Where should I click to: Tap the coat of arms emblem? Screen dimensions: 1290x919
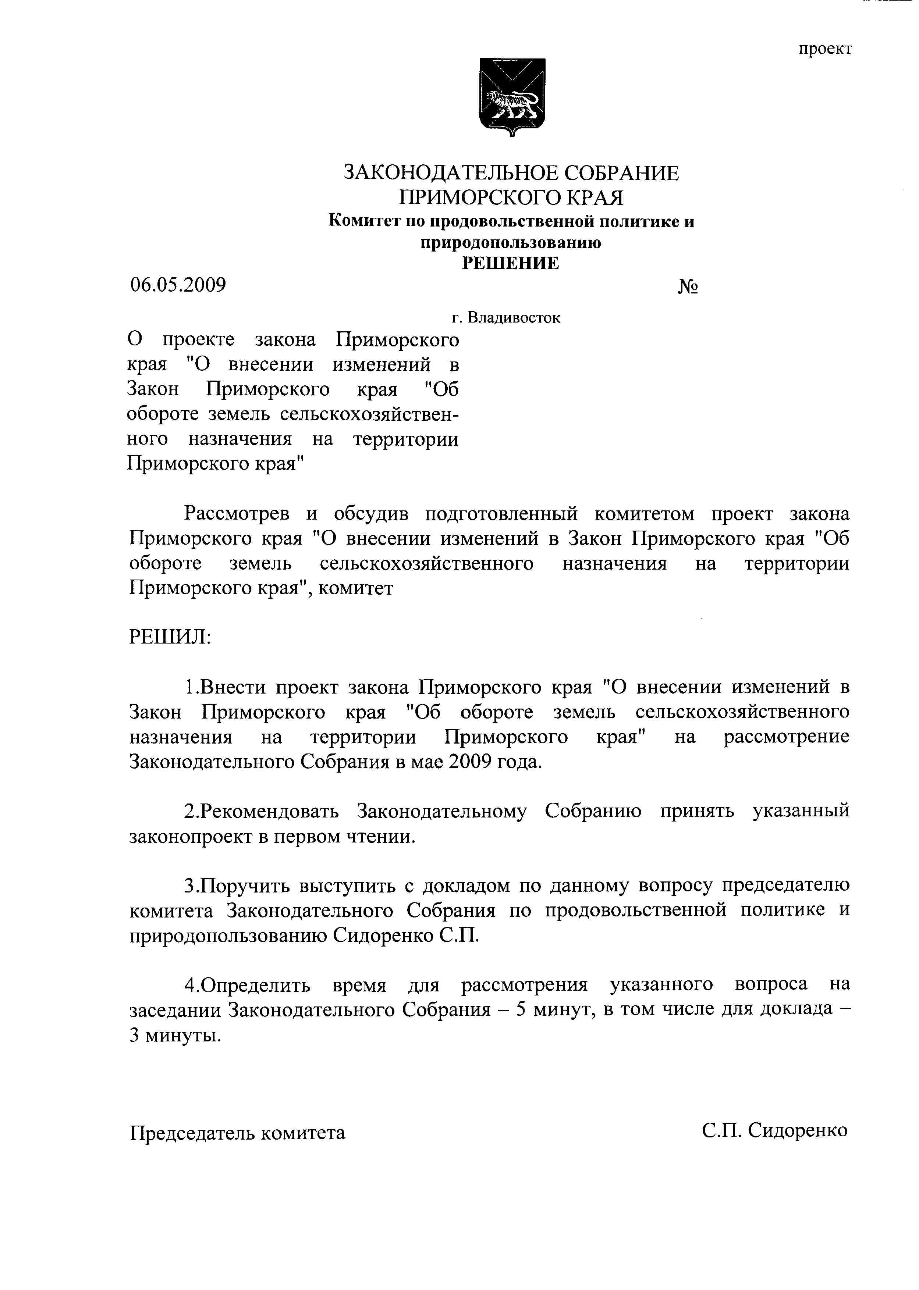[x=512, y=96]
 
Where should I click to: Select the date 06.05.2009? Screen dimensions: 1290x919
[x=178, y=285]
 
